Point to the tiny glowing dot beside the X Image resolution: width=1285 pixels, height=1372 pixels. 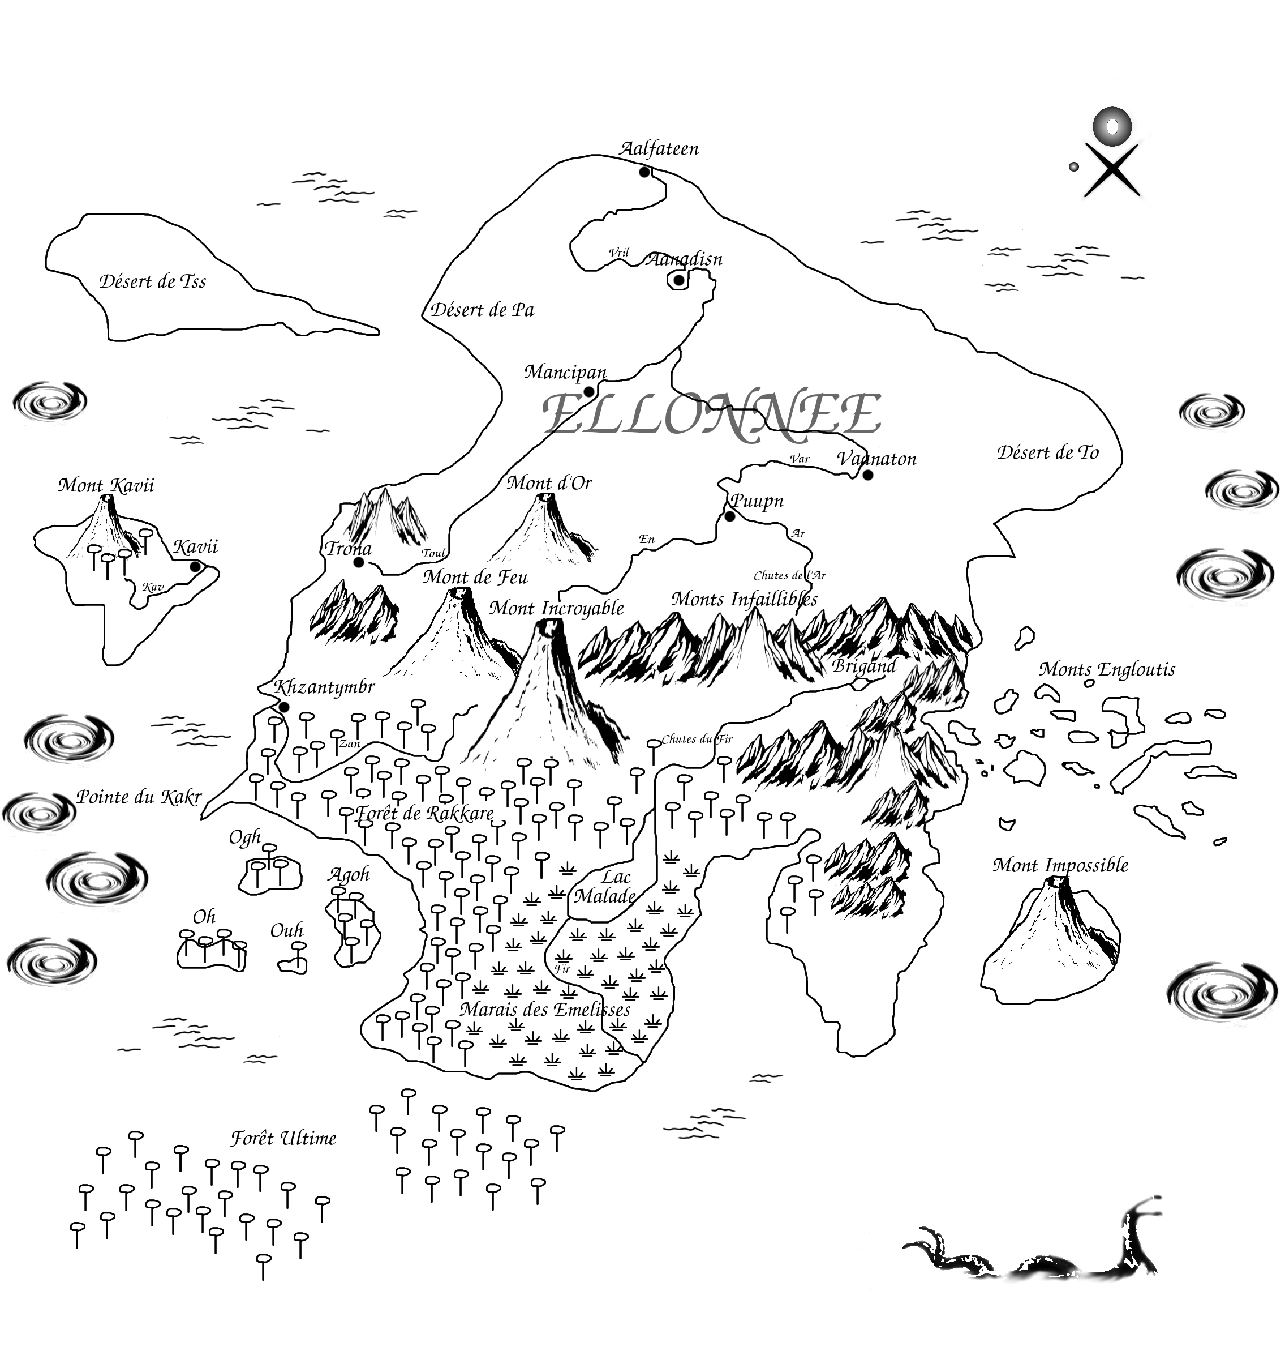pyautogui.click(x=1073, y=166)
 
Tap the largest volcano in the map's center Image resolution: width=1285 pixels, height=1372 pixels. pyautogui.click(x=545, y=697)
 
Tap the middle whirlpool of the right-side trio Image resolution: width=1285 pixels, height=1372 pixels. pyautogui.click(x=1241, y=489)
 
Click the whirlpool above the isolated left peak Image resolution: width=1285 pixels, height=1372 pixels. pyautogui.click(x=50, y=401)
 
